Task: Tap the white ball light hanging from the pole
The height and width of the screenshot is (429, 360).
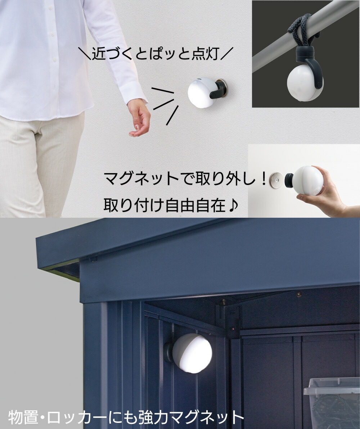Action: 305,83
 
